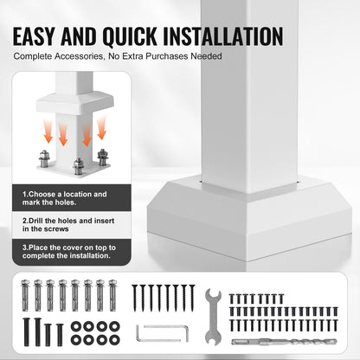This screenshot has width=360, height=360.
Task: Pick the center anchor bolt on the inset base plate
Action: tap(78, 164)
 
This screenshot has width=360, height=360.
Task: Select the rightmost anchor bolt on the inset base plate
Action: tap(103, 157)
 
